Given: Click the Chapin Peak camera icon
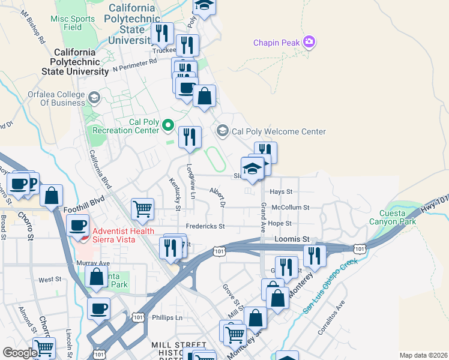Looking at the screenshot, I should pos(310,42).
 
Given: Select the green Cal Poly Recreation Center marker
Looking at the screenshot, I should pos(168,125).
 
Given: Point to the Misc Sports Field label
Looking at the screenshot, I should pos(73,23).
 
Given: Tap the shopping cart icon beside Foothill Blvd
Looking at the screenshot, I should pos(143,209).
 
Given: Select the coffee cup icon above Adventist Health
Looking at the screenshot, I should pos(78,225).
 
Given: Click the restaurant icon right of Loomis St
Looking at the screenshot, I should pos(315,255).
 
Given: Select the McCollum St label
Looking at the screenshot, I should pos(290,208).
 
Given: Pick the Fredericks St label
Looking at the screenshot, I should pos(205,226).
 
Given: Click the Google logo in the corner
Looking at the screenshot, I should pos(20,353).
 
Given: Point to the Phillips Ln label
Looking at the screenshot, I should pos(166,317).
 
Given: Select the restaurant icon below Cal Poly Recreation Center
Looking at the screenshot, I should pos(190,137).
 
